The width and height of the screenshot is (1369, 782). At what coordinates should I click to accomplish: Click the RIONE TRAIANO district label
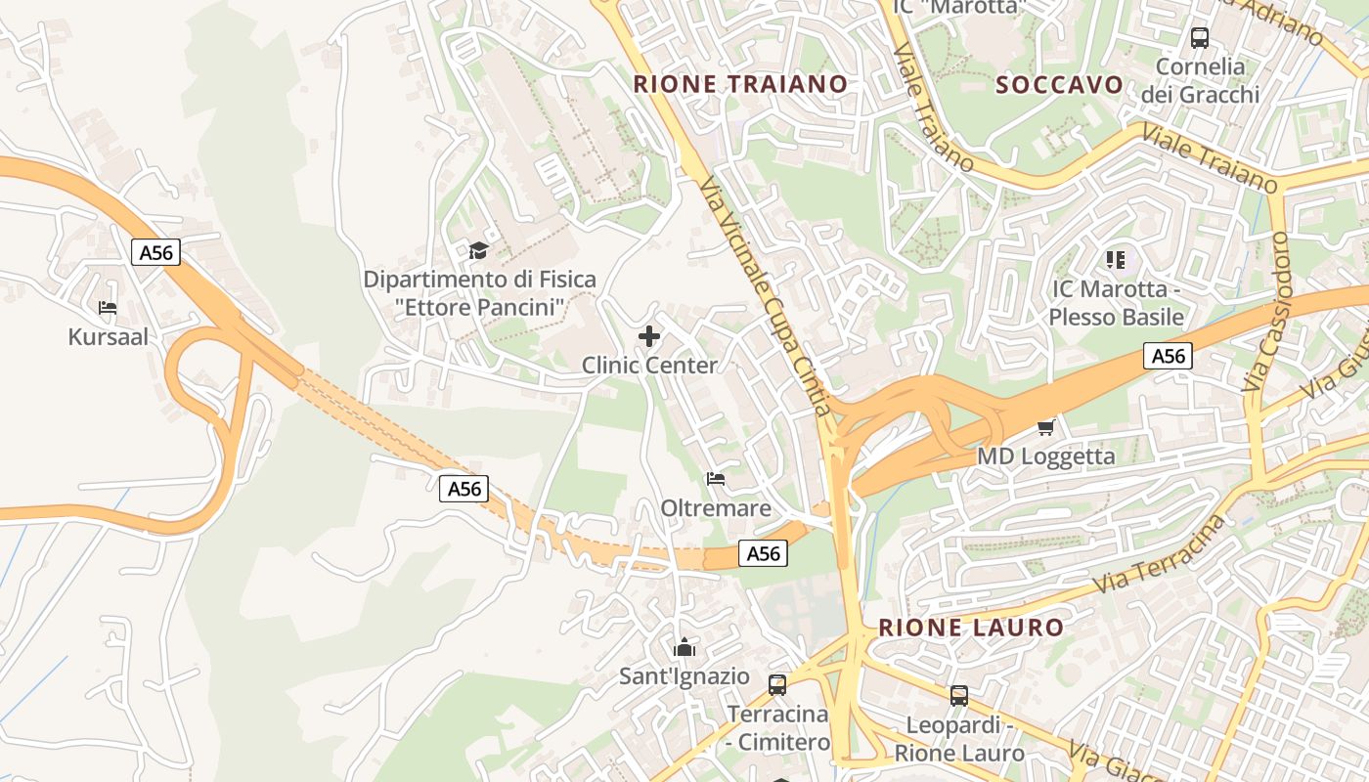(740, 84)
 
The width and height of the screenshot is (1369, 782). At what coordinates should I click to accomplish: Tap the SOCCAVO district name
(1059, 85)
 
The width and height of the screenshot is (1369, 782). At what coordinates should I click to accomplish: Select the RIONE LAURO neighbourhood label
(970, 628)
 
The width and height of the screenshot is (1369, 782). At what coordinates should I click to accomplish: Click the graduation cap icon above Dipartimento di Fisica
(478, 251)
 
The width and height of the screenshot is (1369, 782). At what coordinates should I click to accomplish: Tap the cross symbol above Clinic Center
(649, 337)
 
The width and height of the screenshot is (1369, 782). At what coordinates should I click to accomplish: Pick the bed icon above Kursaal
(108, 308)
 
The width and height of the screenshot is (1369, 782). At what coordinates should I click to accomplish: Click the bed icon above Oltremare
(716, 479)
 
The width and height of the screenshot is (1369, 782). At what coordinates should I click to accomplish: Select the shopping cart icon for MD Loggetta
(1045, 427)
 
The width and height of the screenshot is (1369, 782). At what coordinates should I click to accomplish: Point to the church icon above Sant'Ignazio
(684, 647)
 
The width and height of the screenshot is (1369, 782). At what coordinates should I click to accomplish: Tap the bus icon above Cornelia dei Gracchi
(1199, 38)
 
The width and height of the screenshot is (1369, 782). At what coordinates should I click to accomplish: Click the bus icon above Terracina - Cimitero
(777, 684)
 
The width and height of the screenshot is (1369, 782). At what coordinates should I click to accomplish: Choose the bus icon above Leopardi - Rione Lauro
(959, 696)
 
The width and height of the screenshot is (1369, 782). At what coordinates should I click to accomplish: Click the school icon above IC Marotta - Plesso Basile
(1116, 260)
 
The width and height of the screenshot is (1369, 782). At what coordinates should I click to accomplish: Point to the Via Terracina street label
(1161, 554)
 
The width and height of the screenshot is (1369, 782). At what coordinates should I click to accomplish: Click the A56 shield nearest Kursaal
(155, 253)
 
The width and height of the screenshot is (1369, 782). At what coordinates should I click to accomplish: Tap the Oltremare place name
(716, 508)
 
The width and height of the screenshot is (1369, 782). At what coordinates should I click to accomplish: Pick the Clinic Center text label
(649, 366)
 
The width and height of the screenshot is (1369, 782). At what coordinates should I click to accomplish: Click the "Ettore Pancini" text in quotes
(480, 308)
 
